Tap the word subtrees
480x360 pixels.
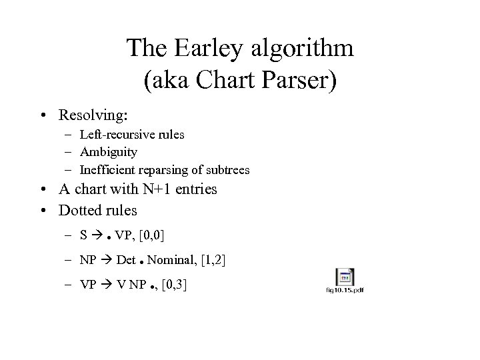228,170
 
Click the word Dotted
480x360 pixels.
80,211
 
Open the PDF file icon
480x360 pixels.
345,277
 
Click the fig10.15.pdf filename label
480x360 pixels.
345,289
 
